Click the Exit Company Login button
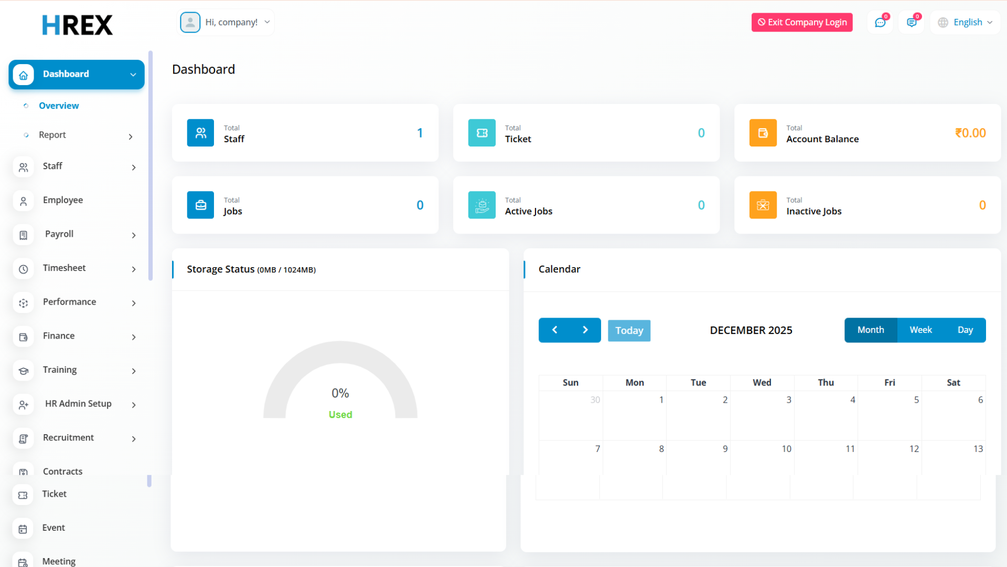coord(802,22)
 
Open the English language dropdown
coord(966,22)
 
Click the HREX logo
coord(78,25)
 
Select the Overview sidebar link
coord(59,106)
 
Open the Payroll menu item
coord(59,234)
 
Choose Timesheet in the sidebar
coord(64,268)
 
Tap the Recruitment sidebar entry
coord(68,438)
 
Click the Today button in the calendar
coord(629,331)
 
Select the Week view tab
coord(920,330)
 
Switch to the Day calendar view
coord(965,330)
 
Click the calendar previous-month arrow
coord(554,330)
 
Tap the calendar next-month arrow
coord(585,330)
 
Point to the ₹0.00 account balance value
coord(970,133)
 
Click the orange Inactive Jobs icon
coord(763,205)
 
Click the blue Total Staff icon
coord(200,133)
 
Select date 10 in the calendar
coord(786,449)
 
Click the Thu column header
coord(826,383)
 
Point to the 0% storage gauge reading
coord(340,393)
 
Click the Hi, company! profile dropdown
coord(227,23)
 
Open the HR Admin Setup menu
coord(78,404)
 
